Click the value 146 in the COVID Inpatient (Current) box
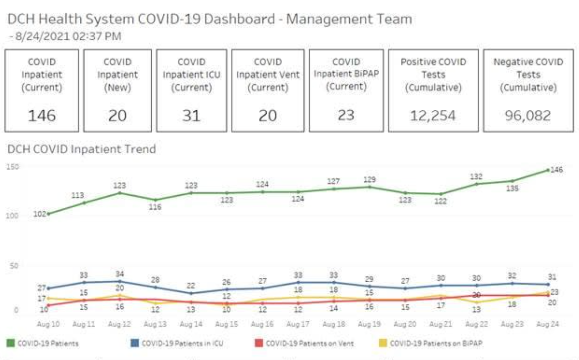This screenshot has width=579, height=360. (x=42, y=116)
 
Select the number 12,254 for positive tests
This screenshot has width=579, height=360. (x=433, y=116)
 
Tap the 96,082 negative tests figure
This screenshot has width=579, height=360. (x=528, y=116)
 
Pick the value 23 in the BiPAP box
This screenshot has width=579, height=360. (x=346, y=115)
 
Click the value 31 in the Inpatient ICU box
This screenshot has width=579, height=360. (x=191, y=116)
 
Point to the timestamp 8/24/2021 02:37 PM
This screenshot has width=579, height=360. (x=68, y=36)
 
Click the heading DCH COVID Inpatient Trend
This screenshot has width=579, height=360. (x=81, y=149)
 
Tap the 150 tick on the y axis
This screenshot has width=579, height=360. (x=13, y=167)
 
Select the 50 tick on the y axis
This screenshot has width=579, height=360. (x=14, y=266)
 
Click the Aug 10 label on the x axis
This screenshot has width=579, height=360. (x=48, y=324)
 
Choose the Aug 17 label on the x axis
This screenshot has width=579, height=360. (x=298, y=324)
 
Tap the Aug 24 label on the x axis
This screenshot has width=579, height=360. (x=547, y=324)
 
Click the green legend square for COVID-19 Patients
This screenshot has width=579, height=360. (x=11, y=343)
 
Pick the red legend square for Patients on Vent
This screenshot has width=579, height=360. (x=259, y=343)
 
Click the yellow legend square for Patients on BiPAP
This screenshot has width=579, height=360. (x=383, y=343)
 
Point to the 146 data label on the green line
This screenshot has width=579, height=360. (x=556, y=170)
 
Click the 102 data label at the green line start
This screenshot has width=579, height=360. (x=39, y=214)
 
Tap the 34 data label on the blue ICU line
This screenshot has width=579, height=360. (x=120, y=274)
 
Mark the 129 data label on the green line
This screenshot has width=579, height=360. (x=370, y=179)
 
